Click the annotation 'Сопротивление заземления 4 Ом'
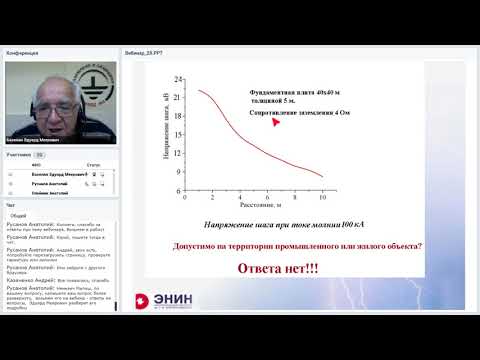[298, 113]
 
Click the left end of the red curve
[198, 90]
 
